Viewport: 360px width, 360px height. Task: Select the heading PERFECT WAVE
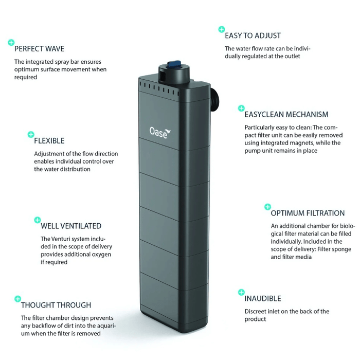pos(39,49)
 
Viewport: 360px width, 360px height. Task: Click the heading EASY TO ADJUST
pos(253,35)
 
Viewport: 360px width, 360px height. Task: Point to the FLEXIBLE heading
pos(49,140)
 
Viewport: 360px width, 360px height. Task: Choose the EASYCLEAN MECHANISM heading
pos(286,114)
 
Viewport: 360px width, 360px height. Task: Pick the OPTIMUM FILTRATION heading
pos(308,213)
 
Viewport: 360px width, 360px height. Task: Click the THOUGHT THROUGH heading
pos(56,305)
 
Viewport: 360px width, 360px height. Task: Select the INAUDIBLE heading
pos(262,298)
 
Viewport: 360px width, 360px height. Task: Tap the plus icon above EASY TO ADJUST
pos(221,29)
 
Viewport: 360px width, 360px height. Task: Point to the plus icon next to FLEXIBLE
pos(30,134)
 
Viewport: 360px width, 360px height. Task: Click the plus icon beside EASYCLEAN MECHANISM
pos(241,108)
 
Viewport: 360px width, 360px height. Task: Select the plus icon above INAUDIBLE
pos(241,292)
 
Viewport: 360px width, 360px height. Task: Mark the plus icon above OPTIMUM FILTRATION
pos(267,207)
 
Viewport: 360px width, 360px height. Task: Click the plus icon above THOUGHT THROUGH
pos(17,298)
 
